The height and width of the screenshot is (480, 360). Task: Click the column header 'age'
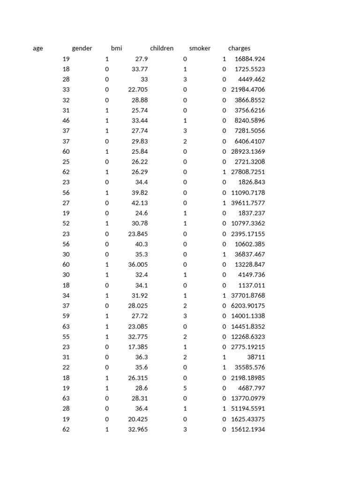pyautogui.click(x=38, y=48)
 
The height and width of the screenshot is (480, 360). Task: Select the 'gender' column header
pyautogui.click(x=82, y=48)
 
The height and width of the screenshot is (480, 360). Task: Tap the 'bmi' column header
pyautogui.click(x=116, y=48)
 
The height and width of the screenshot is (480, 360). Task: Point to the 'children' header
pyautogui.click(x=162, y=48)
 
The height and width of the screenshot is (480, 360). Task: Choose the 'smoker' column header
pyautogui.click(x=200, y=48)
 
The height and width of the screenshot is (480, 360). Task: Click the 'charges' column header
pyautogui.click(x=239, y=48)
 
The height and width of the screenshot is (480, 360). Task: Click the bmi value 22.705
pyautogui.click(x=138, y=90)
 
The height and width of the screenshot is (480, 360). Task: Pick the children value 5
pyautogui.click(x=185, y=388)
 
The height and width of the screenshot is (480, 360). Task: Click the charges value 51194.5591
pyautogui.click(x=248, y=409)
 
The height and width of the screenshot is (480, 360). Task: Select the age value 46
pyautogui.click(x=66, y=120)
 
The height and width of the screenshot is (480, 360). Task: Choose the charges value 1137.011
pyautogui.click(x=252, y=285)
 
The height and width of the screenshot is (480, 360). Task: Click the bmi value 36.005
pyautogui.click(x=138, y=264)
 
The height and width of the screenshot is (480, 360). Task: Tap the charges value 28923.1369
pyautogui.click(x=248, y=151)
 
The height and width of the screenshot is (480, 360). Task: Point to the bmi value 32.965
pyautogui.click(x=138, y=429)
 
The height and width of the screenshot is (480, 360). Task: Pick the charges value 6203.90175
pyautogui.click(x=248, y=306)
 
